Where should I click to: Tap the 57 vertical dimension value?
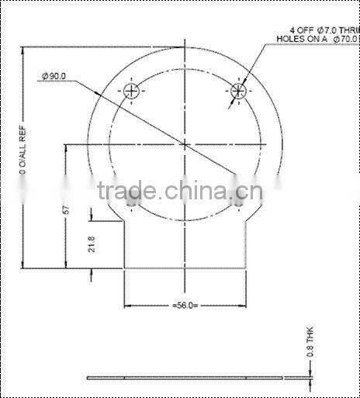[x=67, y=209]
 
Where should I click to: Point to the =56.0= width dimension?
[x=185, y=305]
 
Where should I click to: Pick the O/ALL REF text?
[x=24, y=156]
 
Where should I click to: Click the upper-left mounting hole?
[x=133, y=91]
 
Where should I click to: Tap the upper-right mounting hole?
[x=238, y=91]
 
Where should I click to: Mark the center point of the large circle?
[x=185, y=144]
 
